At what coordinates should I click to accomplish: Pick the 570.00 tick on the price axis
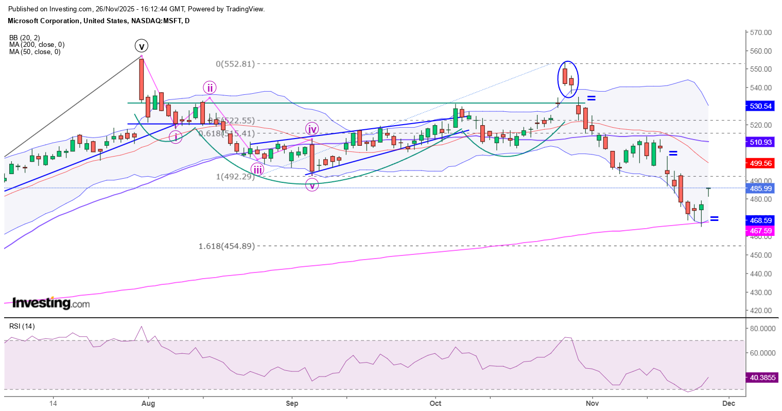(x=761, y=32)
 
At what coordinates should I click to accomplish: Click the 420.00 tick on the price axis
(x=761, y=311)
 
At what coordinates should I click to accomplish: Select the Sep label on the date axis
(x=292, y=403)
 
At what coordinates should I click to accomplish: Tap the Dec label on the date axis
(x=728, y=403)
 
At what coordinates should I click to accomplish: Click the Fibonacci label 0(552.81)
(x=235, y=64)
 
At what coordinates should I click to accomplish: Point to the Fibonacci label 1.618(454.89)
(x=227, y=246)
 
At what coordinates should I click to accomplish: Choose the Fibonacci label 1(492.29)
(x=235, y=177)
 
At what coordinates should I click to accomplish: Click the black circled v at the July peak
(x=142, y=46)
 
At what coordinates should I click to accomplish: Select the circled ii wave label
(x=209, y=88)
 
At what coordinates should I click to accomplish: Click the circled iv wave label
(x=312, y=129)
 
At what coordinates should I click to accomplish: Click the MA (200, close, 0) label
(x=37, y=45)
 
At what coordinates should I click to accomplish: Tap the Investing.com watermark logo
(x=50, y=303)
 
